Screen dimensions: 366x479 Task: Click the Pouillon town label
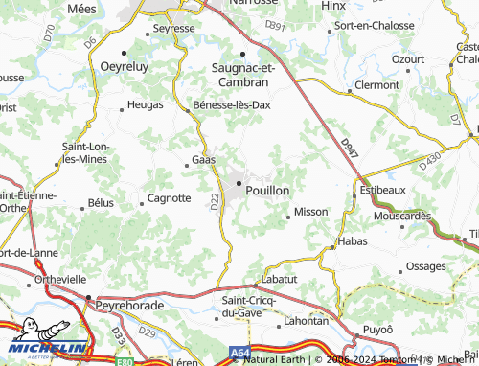pos(267,191)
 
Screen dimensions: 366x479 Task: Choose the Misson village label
pos(311,211)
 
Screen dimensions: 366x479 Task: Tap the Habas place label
pos(353,243)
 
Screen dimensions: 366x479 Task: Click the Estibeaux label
pos(383,190)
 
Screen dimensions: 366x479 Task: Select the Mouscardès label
pos(403,216)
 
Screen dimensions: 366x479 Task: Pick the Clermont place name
pos(376,85)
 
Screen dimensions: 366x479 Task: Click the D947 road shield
pos(350,149)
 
